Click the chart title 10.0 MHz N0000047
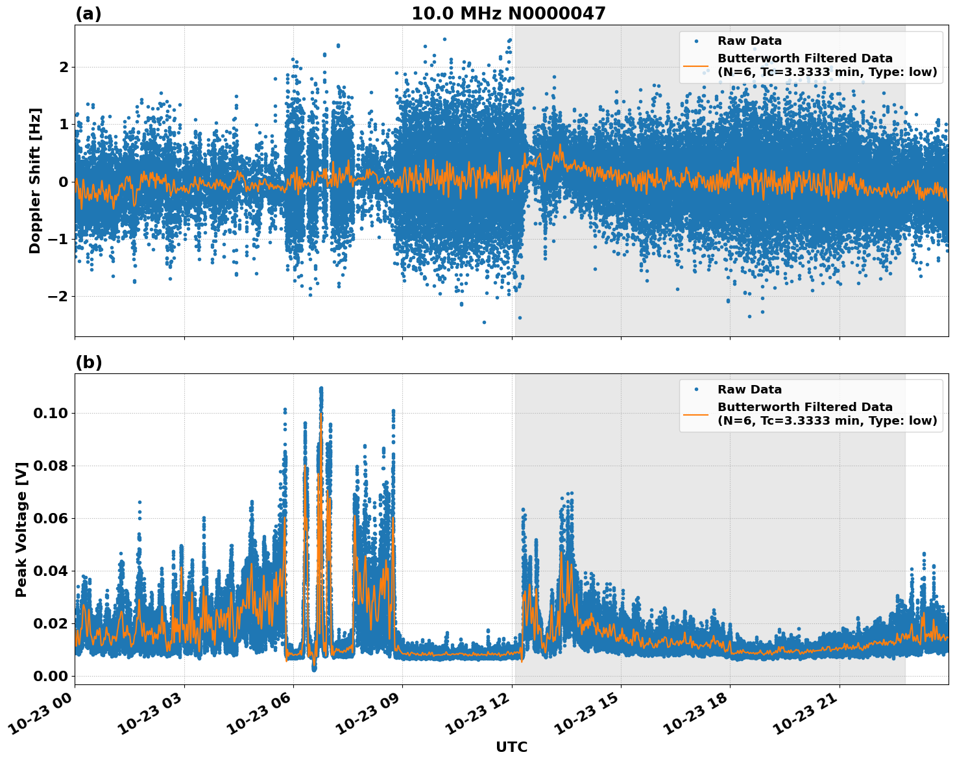pos(508,14)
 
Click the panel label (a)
pos(88,14)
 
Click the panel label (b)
pos(88,362)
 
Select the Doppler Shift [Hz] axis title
pos(35,181)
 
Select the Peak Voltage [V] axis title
pos(21,529)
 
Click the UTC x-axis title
pos(511,747)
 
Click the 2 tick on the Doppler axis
pos(64,68)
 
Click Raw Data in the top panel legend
pos(749,41)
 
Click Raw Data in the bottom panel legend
pos(749,390)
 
